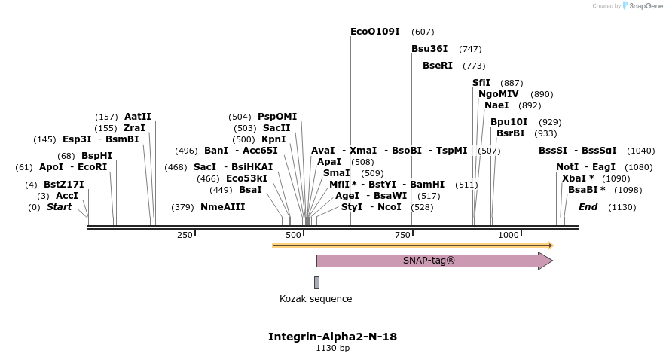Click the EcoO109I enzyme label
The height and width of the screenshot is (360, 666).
[x=375, y=32]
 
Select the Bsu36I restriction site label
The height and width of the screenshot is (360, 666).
[x=429, y=49]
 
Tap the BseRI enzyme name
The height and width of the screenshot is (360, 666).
[x=438, y=66]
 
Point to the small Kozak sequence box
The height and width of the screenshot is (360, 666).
[x=316, y=282]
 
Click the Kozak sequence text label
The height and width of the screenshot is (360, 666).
[x=316, y=299]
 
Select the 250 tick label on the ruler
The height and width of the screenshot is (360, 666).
[x=185, y=235]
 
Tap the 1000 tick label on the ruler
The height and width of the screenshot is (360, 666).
[x=509, y=235]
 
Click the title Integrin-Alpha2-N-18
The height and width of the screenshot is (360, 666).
[x=332, y=337]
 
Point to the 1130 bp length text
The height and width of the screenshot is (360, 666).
[x=332, y=349]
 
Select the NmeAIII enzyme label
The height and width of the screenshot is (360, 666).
[x=222, y=207]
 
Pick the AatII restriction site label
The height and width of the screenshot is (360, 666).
[x=138, y=117]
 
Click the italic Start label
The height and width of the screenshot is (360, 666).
[x=60, y=207]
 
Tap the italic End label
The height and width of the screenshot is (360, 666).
[x=588, y=207]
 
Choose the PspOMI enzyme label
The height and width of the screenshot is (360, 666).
[x=277, y=117]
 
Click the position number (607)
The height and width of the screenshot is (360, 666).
[x=423, y=32]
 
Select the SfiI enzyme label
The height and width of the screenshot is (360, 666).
[x=481, y=83]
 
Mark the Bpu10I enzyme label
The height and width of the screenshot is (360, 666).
[x=509, y=122]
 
